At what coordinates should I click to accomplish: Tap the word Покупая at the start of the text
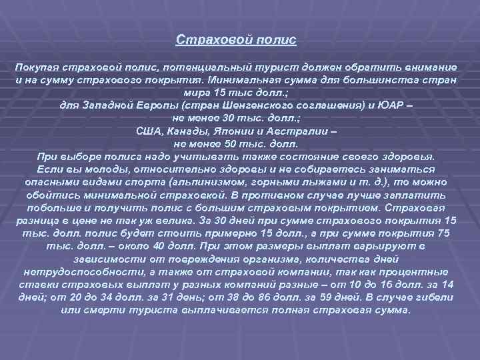pyautogui.click(x=38, y=69)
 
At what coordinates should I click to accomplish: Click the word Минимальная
pyautogui.click(x=259, y=81)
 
